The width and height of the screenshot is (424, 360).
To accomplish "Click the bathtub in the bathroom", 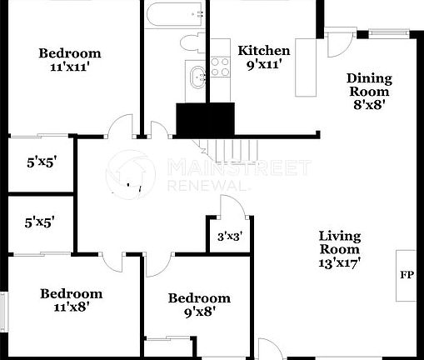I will coord(174,14).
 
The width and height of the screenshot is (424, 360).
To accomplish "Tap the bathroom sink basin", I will coord(197,77).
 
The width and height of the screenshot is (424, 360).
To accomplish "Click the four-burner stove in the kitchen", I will coord(220,67).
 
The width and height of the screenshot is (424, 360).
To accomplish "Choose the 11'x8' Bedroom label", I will coord(72,299).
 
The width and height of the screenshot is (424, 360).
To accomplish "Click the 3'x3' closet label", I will coord(227,237).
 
